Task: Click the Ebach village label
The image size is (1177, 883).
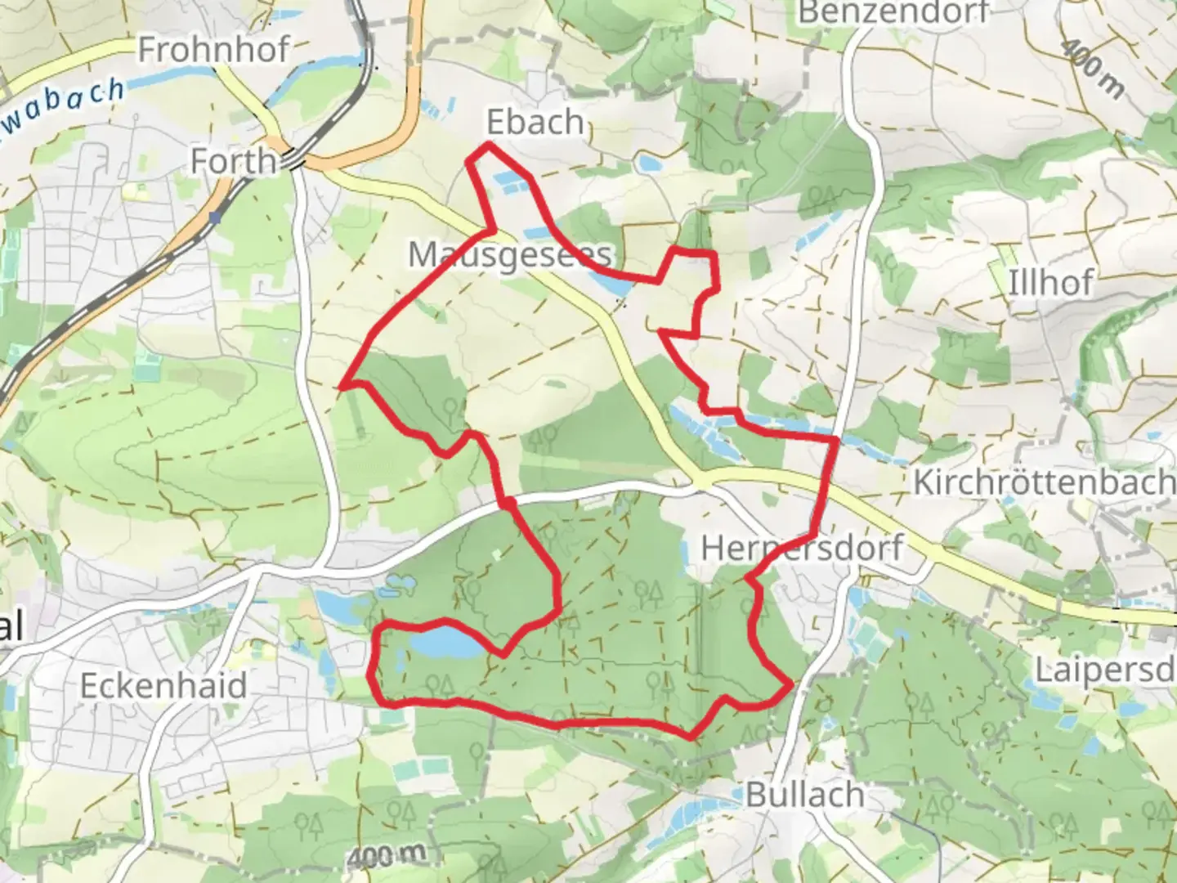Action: [535, 123]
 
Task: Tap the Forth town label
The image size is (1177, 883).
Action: [233, 161]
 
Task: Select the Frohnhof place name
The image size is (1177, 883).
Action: [213, 51]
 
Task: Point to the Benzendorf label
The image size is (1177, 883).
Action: [893, 12]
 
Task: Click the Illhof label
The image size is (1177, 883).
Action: [1050, 284]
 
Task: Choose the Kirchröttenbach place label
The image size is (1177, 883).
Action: [1044, 482]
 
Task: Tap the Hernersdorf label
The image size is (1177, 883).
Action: [802, 547]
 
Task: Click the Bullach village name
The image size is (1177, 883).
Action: [804, 794]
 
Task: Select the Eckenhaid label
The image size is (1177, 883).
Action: [163, 685]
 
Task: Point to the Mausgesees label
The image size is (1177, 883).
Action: [509, 255]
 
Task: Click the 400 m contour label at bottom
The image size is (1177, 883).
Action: [385, 857]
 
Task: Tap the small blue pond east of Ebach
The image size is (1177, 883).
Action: [650, 164]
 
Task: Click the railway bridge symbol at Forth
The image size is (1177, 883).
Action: [294, 162]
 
